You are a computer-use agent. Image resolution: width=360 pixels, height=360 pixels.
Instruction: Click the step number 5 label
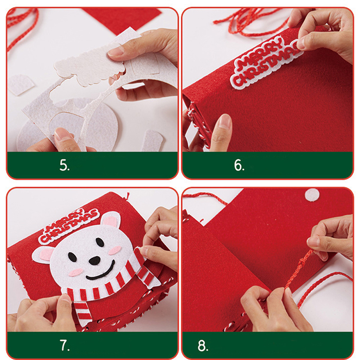click(x=64, y=165)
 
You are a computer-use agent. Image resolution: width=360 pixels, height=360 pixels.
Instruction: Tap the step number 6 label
click(x=239, y=165)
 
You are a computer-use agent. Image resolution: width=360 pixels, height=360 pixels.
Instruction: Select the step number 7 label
click(x=64, y=345)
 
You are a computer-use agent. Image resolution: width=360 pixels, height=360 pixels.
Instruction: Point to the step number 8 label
click(x=203, y=346)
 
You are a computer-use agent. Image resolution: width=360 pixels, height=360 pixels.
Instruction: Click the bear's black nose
click(x=94, y=260)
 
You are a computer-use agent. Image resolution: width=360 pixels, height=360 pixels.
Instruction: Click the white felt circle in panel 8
click(x=312, y=195)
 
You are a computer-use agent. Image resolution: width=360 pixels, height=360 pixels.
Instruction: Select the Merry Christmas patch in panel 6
click(x=266, y=63)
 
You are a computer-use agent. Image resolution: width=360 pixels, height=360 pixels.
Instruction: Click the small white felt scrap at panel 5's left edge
click(x=21, y=85)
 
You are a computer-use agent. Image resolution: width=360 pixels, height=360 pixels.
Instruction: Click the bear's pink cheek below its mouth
click(x=76, y=273)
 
